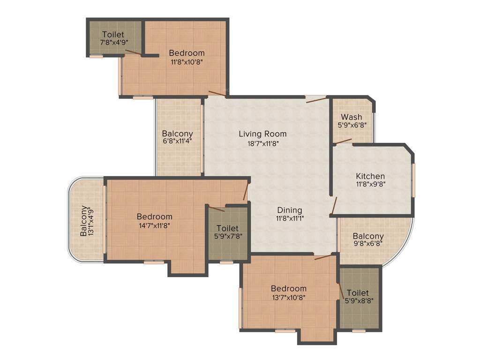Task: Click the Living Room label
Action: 262,134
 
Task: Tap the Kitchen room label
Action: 370,176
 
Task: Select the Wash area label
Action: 351,117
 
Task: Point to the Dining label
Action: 289,210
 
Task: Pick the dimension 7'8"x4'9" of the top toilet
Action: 114,42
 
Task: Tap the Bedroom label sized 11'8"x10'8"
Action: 187,53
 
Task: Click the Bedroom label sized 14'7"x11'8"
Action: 154,217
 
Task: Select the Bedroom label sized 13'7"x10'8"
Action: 288,288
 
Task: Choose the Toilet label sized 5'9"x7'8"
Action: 227,228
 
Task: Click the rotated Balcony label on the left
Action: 83,221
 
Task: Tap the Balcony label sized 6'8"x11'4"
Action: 177,134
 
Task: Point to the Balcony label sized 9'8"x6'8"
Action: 368,236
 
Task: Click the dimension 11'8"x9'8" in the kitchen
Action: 370,185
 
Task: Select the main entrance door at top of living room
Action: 315,98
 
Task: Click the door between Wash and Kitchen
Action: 342,141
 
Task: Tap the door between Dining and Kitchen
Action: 334,205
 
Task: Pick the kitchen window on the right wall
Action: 413,180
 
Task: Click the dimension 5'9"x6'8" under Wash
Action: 351,125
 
